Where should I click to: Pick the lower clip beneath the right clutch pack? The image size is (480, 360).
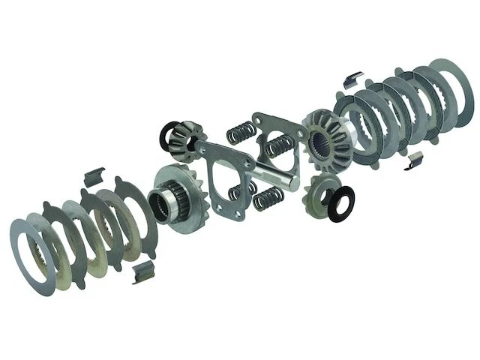tap(417, 159)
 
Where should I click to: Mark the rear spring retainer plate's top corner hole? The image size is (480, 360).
tap(258, 117)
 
